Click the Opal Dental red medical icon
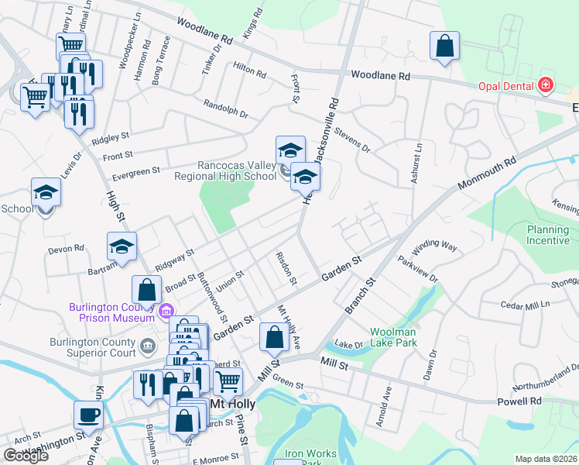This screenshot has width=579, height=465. (546, 84)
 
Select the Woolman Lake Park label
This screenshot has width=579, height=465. (393, 337)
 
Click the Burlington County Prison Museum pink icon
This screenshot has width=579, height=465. (165, 312)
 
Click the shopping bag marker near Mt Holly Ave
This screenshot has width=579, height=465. (274, 337)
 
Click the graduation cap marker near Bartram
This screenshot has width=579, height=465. (122, 246)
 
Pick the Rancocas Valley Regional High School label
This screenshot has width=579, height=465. (237, 170)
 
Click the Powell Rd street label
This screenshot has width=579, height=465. (525, 401)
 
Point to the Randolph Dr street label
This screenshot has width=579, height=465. (225, 108)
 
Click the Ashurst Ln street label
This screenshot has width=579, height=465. (418, 162)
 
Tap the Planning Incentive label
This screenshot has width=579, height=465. (548, 235)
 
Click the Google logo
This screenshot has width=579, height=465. (26, 456)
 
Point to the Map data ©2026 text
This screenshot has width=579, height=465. (546, 459)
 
